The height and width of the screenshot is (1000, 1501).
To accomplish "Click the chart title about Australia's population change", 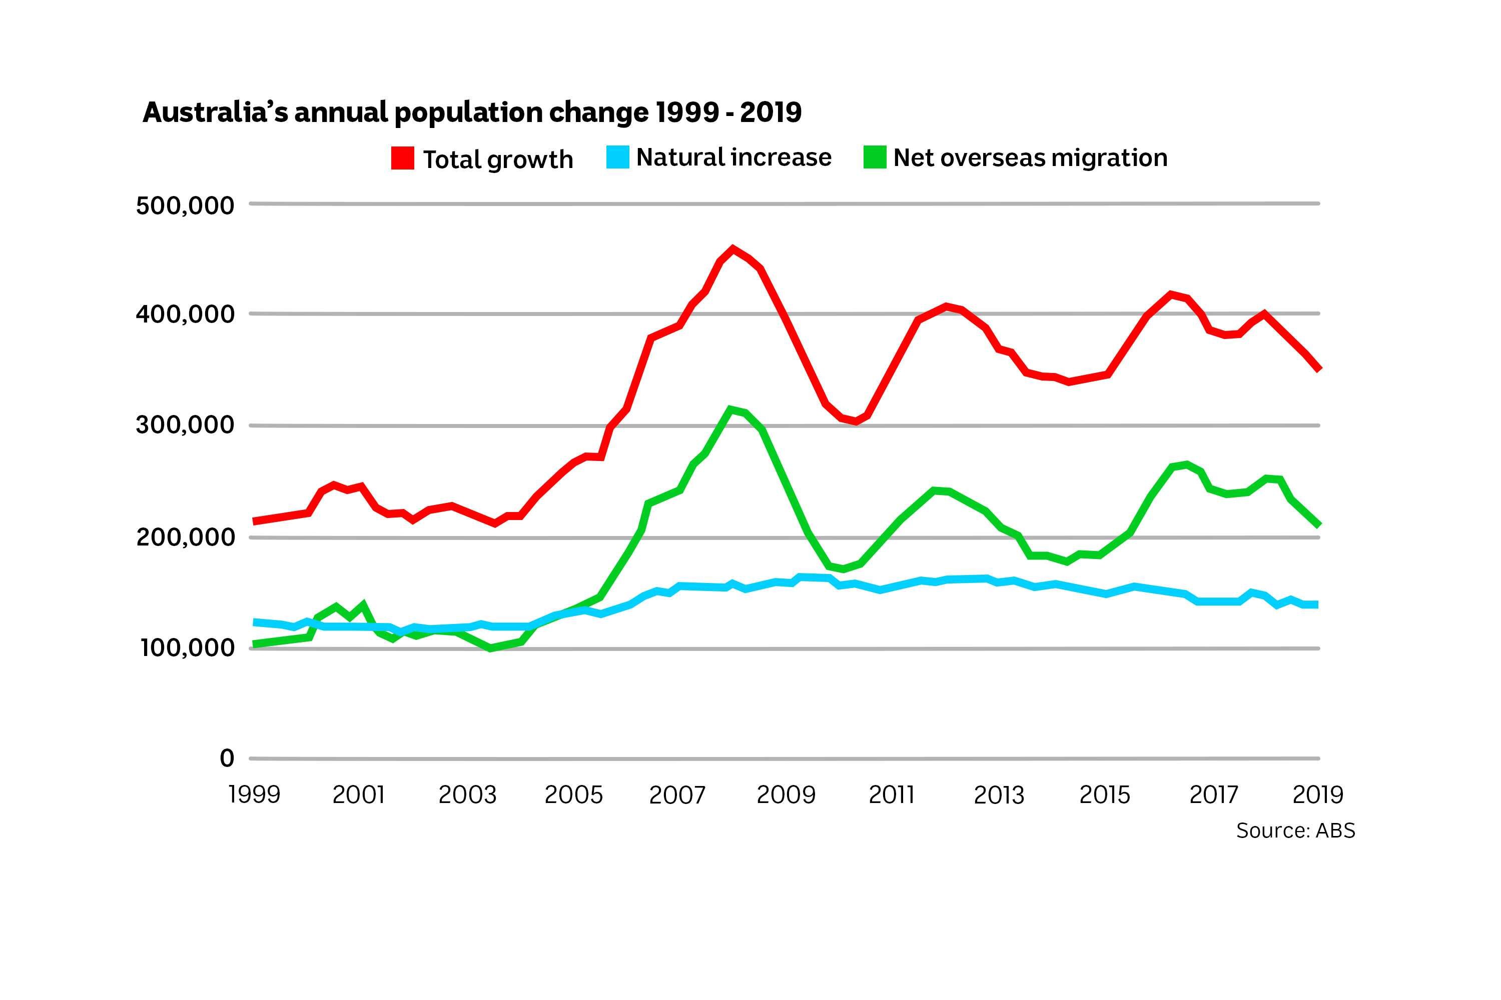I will tap(472, 112).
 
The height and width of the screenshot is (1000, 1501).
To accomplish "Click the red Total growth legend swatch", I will tap(402, 158).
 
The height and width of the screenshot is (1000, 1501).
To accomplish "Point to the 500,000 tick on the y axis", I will tap(185, 206).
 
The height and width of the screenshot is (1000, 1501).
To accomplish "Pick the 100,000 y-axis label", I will tap(187, 648).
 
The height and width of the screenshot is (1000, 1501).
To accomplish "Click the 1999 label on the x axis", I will tap(254, 794).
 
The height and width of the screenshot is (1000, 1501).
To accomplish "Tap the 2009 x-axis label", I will tap(786, 794).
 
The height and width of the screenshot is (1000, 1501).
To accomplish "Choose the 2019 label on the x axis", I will tap(1317, 794).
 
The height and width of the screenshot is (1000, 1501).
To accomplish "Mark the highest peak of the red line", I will tap(732, 248).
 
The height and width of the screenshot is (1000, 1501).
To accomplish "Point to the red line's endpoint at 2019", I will tap(1318, 368).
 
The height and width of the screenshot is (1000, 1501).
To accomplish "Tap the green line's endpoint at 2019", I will tap(1318, 524).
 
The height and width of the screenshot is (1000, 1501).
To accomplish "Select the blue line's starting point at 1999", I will tap(255, 622).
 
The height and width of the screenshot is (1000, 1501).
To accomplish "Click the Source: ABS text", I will tap(1295, 830).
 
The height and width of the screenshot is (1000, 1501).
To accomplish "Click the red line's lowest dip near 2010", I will tap(855, 421).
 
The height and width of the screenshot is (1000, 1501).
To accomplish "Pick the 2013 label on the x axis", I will tap(998, 794).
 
